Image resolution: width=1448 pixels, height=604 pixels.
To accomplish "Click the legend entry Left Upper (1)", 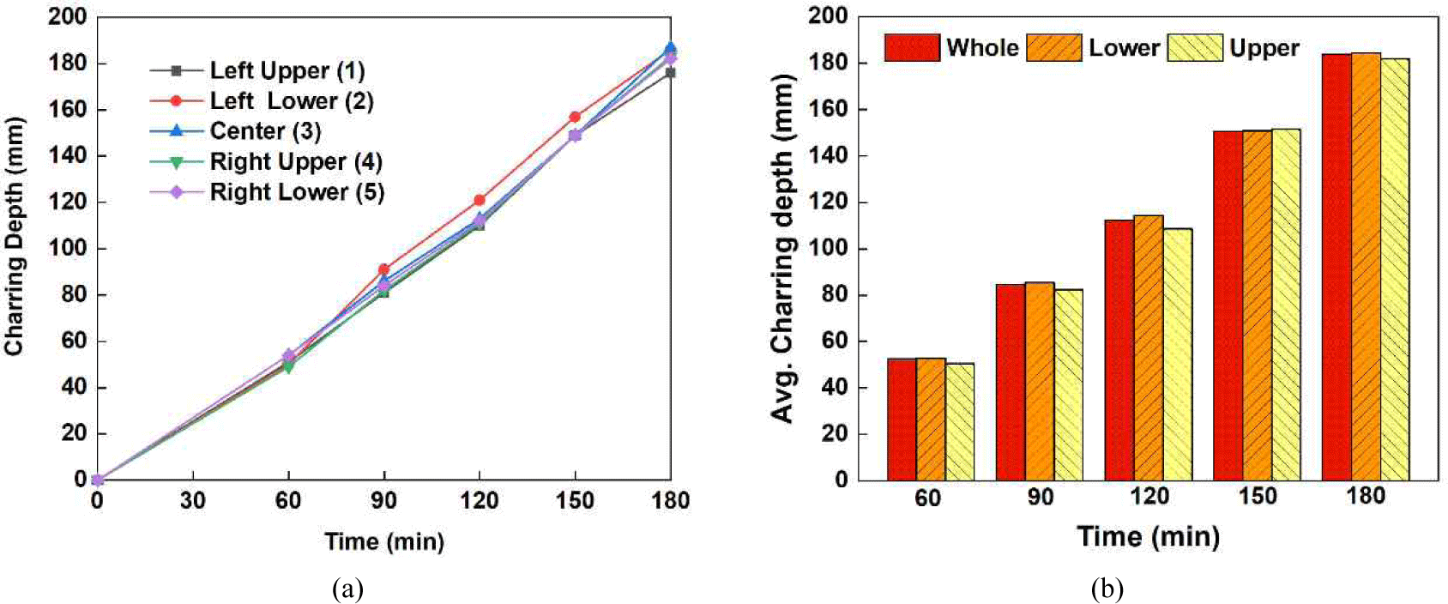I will click(287, 70).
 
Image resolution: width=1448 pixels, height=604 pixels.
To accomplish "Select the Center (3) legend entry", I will click(265, 131).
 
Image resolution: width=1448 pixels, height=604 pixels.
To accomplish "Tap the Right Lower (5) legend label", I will click(297, 192).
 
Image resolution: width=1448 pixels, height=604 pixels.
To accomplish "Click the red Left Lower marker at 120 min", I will click(480, 200).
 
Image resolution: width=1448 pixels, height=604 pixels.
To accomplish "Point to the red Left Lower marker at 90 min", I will click(383, 269).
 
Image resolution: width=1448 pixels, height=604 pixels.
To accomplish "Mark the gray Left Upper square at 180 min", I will click(670, 73).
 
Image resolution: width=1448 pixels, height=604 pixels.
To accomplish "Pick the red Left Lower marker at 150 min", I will click(575, 117).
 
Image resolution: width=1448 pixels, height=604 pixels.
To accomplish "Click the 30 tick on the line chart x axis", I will click(192, 500).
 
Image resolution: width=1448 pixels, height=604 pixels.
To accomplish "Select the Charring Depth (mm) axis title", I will click(14, 236).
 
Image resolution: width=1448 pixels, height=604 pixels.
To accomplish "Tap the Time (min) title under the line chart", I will click(384, 541).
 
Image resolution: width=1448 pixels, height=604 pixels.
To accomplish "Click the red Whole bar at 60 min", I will click(902, 420).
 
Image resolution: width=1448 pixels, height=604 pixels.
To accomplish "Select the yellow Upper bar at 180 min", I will click(1394, 269).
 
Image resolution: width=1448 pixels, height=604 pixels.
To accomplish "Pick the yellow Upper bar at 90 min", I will click(1068, 384).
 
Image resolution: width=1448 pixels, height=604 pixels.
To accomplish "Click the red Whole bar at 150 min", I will click(1228, 305).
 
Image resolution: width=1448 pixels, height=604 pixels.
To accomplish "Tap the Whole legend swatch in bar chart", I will click(912, 47).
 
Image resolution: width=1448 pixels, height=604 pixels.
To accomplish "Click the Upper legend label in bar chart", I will click(1264, 48).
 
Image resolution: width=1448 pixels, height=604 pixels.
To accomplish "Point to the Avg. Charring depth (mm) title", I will click(782, 249).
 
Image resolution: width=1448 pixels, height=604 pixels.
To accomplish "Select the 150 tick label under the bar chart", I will click(1257, 497).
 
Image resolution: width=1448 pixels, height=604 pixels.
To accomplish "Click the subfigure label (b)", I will click(1107, 589).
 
